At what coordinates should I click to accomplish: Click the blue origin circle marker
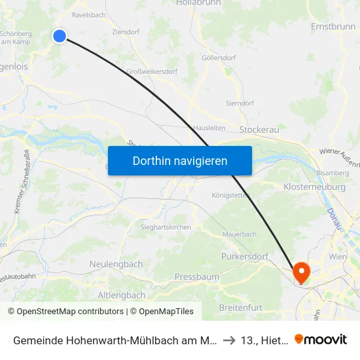[x=60, y=36]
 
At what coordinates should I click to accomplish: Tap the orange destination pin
[x=301, y=272]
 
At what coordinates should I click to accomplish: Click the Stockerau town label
[x=259, y=130]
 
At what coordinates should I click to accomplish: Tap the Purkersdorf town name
[x=245, y=257]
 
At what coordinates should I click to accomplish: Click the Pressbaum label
[x=197, y=277]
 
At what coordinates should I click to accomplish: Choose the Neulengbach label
[x=115, y=264]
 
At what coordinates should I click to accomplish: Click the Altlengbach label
[x=121, y=295]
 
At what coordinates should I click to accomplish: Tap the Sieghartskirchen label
[x=166, y=226]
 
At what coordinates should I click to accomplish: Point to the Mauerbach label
[x=239, y=233]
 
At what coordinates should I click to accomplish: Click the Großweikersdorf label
[x=154, y=71]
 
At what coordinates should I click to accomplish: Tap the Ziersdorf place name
[x=125, y=31]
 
